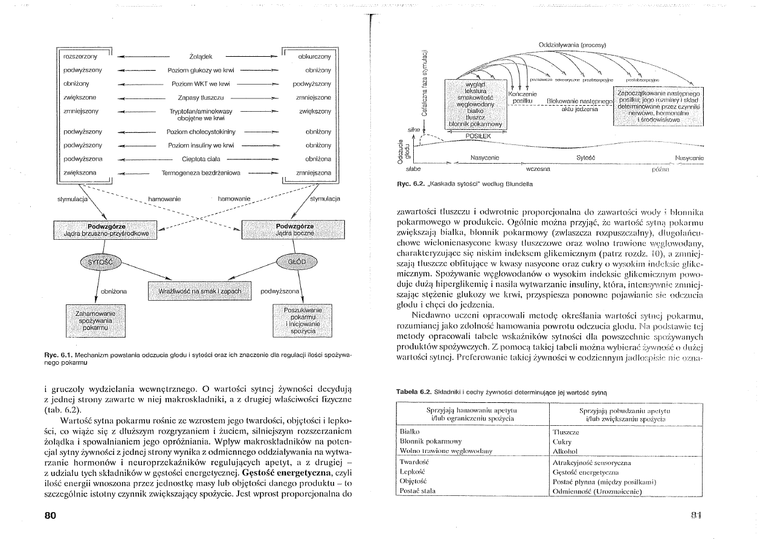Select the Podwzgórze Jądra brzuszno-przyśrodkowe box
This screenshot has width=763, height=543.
click(106, 229)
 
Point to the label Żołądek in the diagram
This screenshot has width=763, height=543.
click(200, 57)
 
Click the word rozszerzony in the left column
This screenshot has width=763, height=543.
click(80, 56)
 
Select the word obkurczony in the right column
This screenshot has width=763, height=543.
click(314, 56)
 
